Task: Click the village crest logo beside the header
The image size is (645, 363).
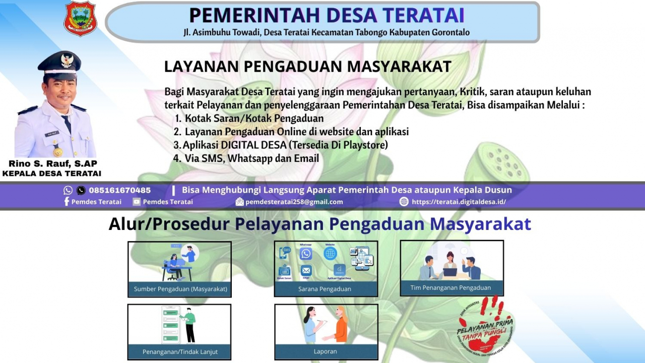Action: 80,19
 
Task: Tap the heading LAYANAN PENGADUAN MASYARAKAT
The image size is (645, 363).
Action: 307,67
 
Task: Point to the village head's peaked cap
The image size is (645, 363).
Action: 59,63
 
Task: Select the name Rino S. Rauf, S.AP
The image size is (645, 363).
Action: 52,164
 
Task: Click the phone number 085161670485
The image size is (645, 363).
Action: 120,190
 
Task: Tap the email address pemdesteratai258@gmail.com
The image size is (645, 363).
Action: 294,202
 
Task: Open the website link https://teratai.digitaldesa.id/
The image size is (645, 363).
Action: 459,202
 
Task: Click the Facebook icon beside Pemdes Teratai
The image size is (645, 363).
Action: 67,202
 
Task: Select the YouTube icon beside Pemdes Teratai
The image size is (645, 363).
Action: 137,202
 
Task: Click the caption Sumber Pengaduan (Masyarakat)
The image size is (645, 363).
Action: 180,289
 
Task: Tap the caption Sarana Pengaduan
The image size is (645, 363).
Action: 325,289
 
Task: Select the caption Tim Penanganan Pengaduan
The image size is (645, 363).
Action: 450,288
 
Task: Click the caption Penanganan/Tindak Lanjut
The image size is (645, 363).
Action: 180,351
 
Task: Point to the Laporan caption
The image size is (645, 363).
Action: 325,351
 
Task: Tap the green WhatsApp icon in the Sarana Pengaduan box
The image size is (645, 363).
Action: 306,254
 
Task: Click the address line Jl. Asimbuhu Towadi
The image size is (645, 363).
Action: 327,32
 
